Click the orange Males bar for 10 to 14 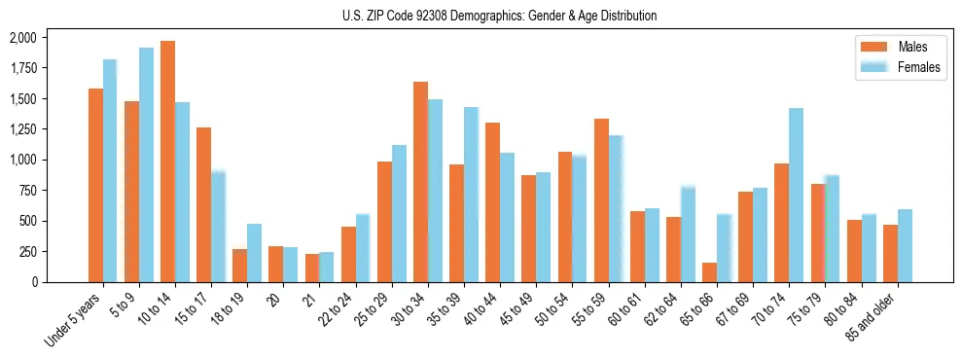[x=167, y=161]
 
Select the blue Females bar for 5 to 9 [x=146, y=164]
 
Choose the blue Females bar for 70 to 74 [x=796, y=195]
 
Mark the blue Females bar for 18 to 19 [x=254, y=252]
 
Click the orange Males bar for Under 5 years [x=95, y=185]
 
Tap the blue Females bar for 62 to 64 [x=688, y=234]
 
